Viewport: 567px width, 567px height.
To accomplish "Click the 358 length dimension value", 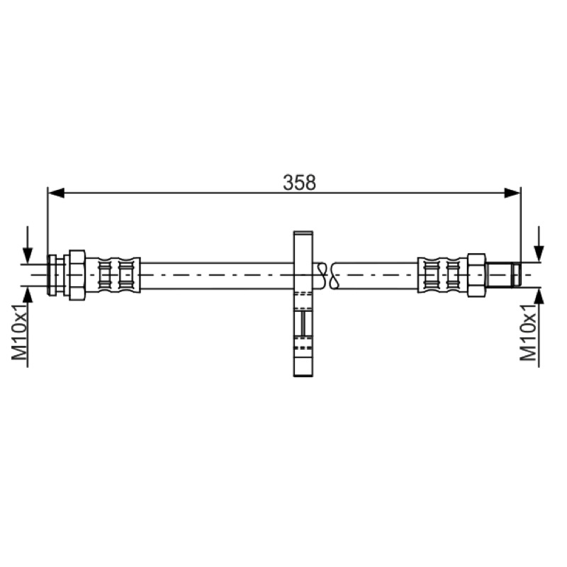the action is tap(299, 182).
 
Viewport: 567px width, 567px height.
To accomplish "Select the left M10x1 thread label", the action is tap(20, 332).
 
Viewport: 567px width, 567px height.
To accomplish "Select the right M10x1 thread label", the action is tap(528, 332).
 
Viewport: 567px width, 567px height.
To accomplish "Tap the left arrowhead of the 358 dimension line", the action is tap(56, 193).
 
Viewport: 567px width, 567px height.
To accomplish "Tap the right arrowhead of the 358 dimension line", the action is tap(512, 193).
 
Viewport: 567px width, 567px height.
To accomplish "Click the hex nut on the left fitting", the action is tap(77, 275).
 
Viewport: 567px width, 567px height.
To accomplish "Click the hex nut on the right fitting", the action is tap(476, 275).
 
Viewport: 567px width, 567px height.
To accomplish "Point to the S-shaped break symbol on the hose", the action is tap(327, 276).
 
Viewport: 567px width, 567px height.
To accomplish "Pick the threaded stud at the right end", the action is tap(503, 275).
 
